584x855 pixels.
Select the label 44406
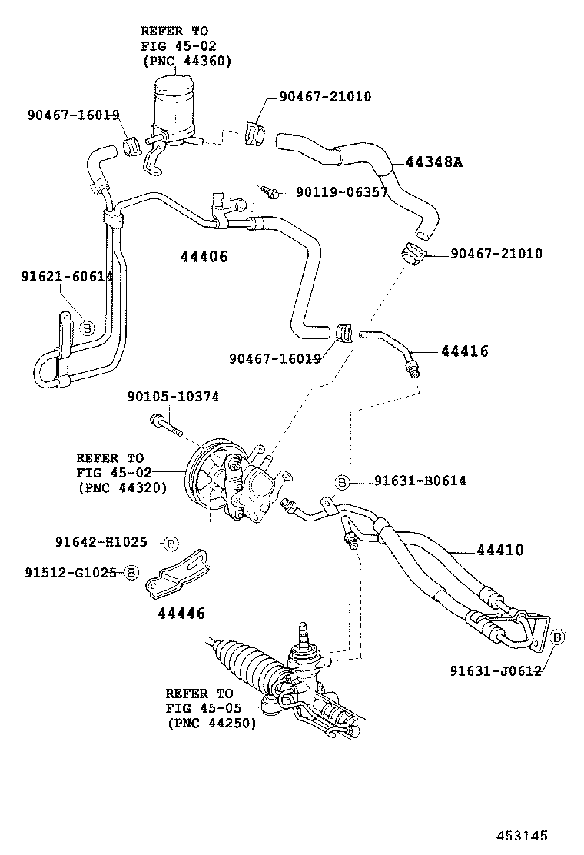pos(204,257)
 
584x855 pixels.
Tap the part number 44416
pos(465,351)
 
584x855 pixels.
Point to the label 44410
pos(499,551)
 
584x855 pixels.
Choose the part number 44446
pos(181,613)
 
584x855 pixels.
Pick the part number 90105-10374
pos(173,397)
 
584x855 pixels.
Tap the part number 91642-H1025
pos(101,542)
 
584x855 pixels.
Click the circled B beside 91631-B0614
pos(343,482)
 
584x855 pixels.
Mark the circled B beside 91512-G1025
pos(131,573)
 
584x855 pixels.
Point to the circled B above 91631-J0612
pos(559,637)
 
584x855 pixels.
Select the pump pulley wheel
pos(206,481)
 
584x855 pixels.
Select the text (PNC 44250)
pos(211,723)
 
